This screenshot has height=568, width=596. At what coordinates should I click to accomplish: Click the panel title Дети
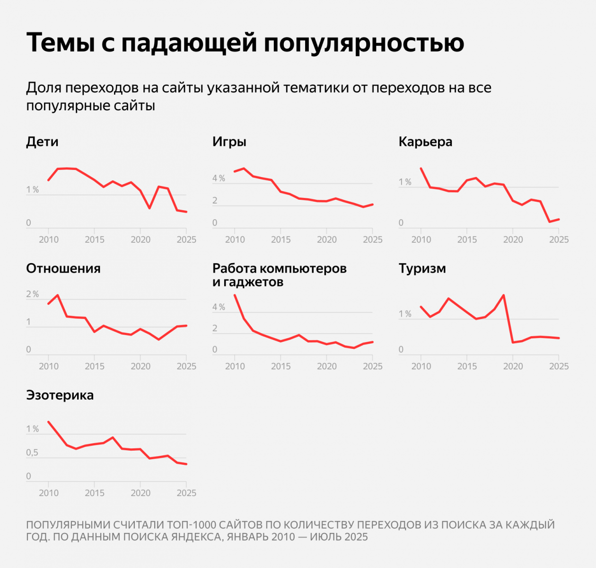(x=42, y=142)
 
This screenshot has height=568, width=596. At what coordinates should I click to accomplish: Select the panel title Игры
(x=229, y=142)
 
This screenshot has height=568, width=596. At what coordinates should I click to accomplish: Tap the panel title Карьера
(x=425, y=142)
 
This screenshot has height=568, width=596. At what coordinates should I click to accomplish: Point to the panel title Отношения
(x=63, y=268)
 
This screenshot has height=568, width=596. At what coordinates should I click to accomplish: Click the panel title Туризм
(x=422, y=268)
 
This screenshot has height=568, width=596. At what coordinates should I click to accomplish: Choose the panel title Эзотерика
(x=60, y=395)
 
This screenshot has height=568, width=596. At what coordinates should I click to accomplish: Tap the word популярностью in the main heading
(x=364, y=43)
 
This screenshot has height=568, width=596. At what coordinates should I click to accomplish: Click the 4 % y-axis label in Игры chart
(x=219, y=178)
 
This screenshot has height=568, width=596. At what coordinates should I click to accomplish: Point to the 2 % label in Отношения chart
(x=33, y=294)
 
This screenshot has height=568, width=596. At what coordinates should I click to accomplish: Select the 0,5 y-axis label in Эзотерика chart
(x=32, y=453)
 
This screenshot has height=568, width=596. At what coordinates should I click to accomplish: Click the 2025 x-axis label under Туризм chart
(x=559, y=366)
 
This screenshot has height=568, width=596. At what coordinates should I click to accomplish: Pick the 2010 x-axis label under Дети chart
(x=49, y=240)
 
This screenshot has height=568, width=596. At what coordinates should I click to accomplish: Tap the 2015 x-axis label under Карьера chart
(x=467, y=240)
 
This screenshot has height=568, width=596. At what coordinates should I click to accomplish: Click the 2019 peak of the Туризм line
(x=503, y=295)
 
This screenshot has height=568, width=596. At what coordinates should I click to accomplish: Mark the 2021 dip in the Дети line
(x=149, y=208)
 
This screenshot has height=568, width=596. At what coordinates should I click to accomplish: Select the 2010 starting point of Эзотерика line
(x=48, y=422)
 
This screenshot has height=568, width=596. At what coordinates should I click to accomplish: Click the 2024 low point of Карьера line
(x=550, y=222)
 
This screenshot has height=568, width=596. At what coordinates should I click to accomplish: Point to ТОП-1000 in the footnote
(x=191, y=525)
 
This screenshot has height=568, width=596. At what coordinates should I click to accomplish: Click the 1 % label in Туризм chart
(x=405, y=314)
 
